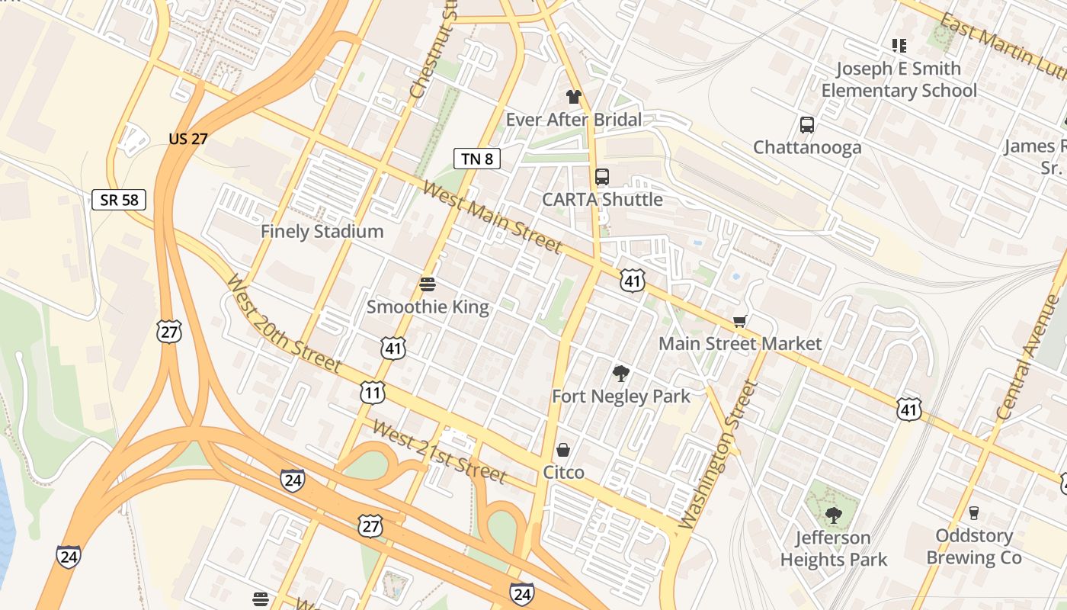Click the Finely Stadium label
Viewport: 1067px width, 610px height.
coord(322,232)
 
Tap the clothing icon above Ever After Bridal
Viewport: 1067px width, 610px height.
coord(574,97)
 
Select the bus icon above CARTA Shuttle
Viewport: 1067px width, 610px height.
coord(602,177)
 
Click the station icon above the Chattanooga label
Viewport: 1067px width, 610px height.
coord(807,125)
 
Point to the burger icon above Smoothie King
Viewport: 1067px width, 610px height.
coord(428,284)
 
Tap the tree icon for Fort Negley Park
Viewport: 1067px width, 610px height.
coord(621,374)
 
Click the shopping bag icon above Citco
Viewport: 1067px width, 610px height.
coord(563,450)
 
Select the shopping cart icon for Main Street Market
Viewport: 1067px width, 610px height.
coord(739,321)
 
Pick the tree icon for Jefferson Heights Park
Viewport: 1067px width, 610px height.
coord(833,515)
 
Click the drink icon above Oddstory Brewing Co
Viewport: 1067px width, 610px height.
coord(973,513)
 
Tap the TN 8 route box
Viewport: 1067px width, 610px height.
coord(478,159)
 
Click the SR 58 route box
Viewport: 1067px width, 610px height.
coord(118,200)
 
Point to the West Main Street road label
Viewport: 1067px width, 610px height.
coord(492,217)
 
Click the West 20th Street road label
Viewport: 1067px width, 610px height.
coord(283,324)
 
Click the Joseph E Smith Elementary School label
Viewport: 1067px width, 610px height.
coord(899,79)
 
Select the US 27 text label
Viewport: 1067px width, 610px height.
coord(188,139)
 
